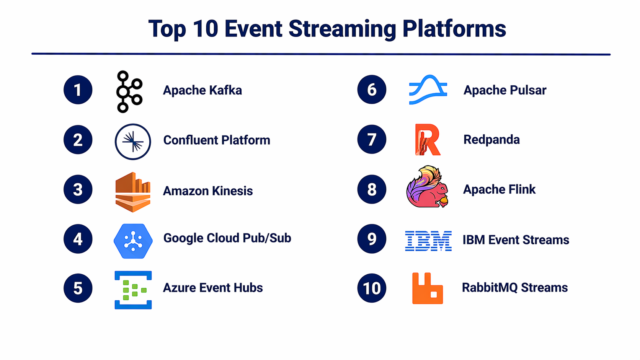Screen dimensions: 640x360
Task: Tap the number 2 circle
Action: [x=78, y=140]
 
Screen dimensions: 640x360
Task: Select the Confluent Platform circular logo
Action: [x=133, y=142]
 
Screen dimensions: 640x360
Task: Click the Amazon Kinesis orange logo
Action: [x=133, y=192]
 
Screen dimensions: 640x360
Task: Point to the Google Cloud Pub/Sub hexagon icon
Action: [x=133, y=241]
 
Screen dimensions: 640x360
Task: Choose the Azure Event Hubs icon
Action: [x=133, y=290]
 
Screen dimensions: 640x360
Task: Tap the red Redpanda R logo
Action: [x=428, y=140]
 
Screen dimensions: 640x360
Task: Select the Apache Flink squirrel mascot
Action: [x=428, y=186]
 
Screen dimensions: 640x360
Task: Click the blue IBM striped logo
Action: [x=428, y=241]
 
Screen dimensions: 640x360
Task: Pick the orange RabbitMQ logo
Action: [x=428, y=288]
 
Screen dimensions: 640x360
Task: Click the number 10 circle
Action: [x=372, y=288]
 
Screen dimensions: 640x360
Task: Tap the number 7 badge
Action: [x=372, y=139]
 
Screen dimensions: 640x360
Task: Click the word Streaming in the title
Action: [x=342, y=29]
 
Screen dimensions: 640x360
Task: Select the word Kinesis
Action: [x=232, y=191]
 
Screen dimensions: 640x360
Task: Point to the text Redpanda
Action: [x=491, y=140]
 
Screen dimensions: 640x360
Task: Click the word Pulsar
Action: [x=528, y=90]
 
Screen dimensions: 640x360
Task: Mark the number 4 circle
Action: [x=78, y=239]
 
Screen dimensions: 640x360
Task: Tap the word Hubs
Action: [x=248, y=287]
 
